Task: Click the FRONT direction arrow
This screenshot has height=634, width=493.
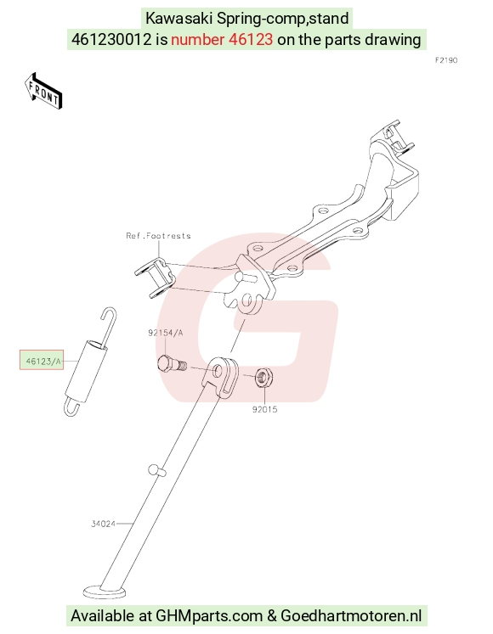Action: point(42,91)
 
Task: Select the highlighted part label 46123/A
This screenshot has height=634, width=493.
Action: point(42,360)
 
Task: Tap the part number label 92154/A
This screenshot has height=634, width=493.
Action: point(166,333)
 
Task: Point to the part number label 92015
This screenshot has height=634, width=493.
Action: point(265,409)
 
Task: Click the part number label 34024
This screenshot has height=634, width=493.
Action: point(104,524)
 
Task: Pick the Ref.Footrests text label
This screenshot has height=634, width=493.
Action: point(158,236)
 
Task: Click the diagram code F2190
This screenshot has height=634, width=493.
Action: point(446,60)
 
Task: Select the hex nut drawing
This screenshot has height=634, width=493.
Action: point(264,377)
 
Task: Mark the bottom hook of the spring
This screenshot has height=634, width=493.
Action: point(71,407)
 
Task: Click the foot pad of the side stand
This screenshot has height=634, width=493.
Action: point(105,592)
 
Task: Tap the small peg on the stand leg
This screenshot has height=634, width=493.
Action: point(156,470)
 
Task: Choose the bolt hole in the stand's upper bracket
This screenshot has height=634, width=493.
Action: point(218,370)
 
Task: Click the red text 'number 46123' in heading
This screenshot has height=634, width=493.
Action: point(222,40)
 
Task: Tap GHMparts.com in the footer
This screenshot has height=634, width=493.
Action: point(209,616)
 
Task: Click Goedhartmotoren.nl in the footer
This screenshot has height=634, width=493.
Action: point(351,616)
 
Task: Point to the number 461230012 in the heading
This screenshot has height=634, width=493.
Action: point(111,40)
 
